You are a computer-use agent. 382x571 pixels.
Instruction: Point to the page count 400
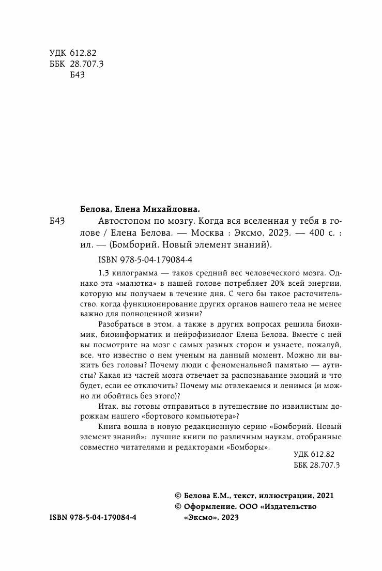pyautogui.click(x=303, y=233)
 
